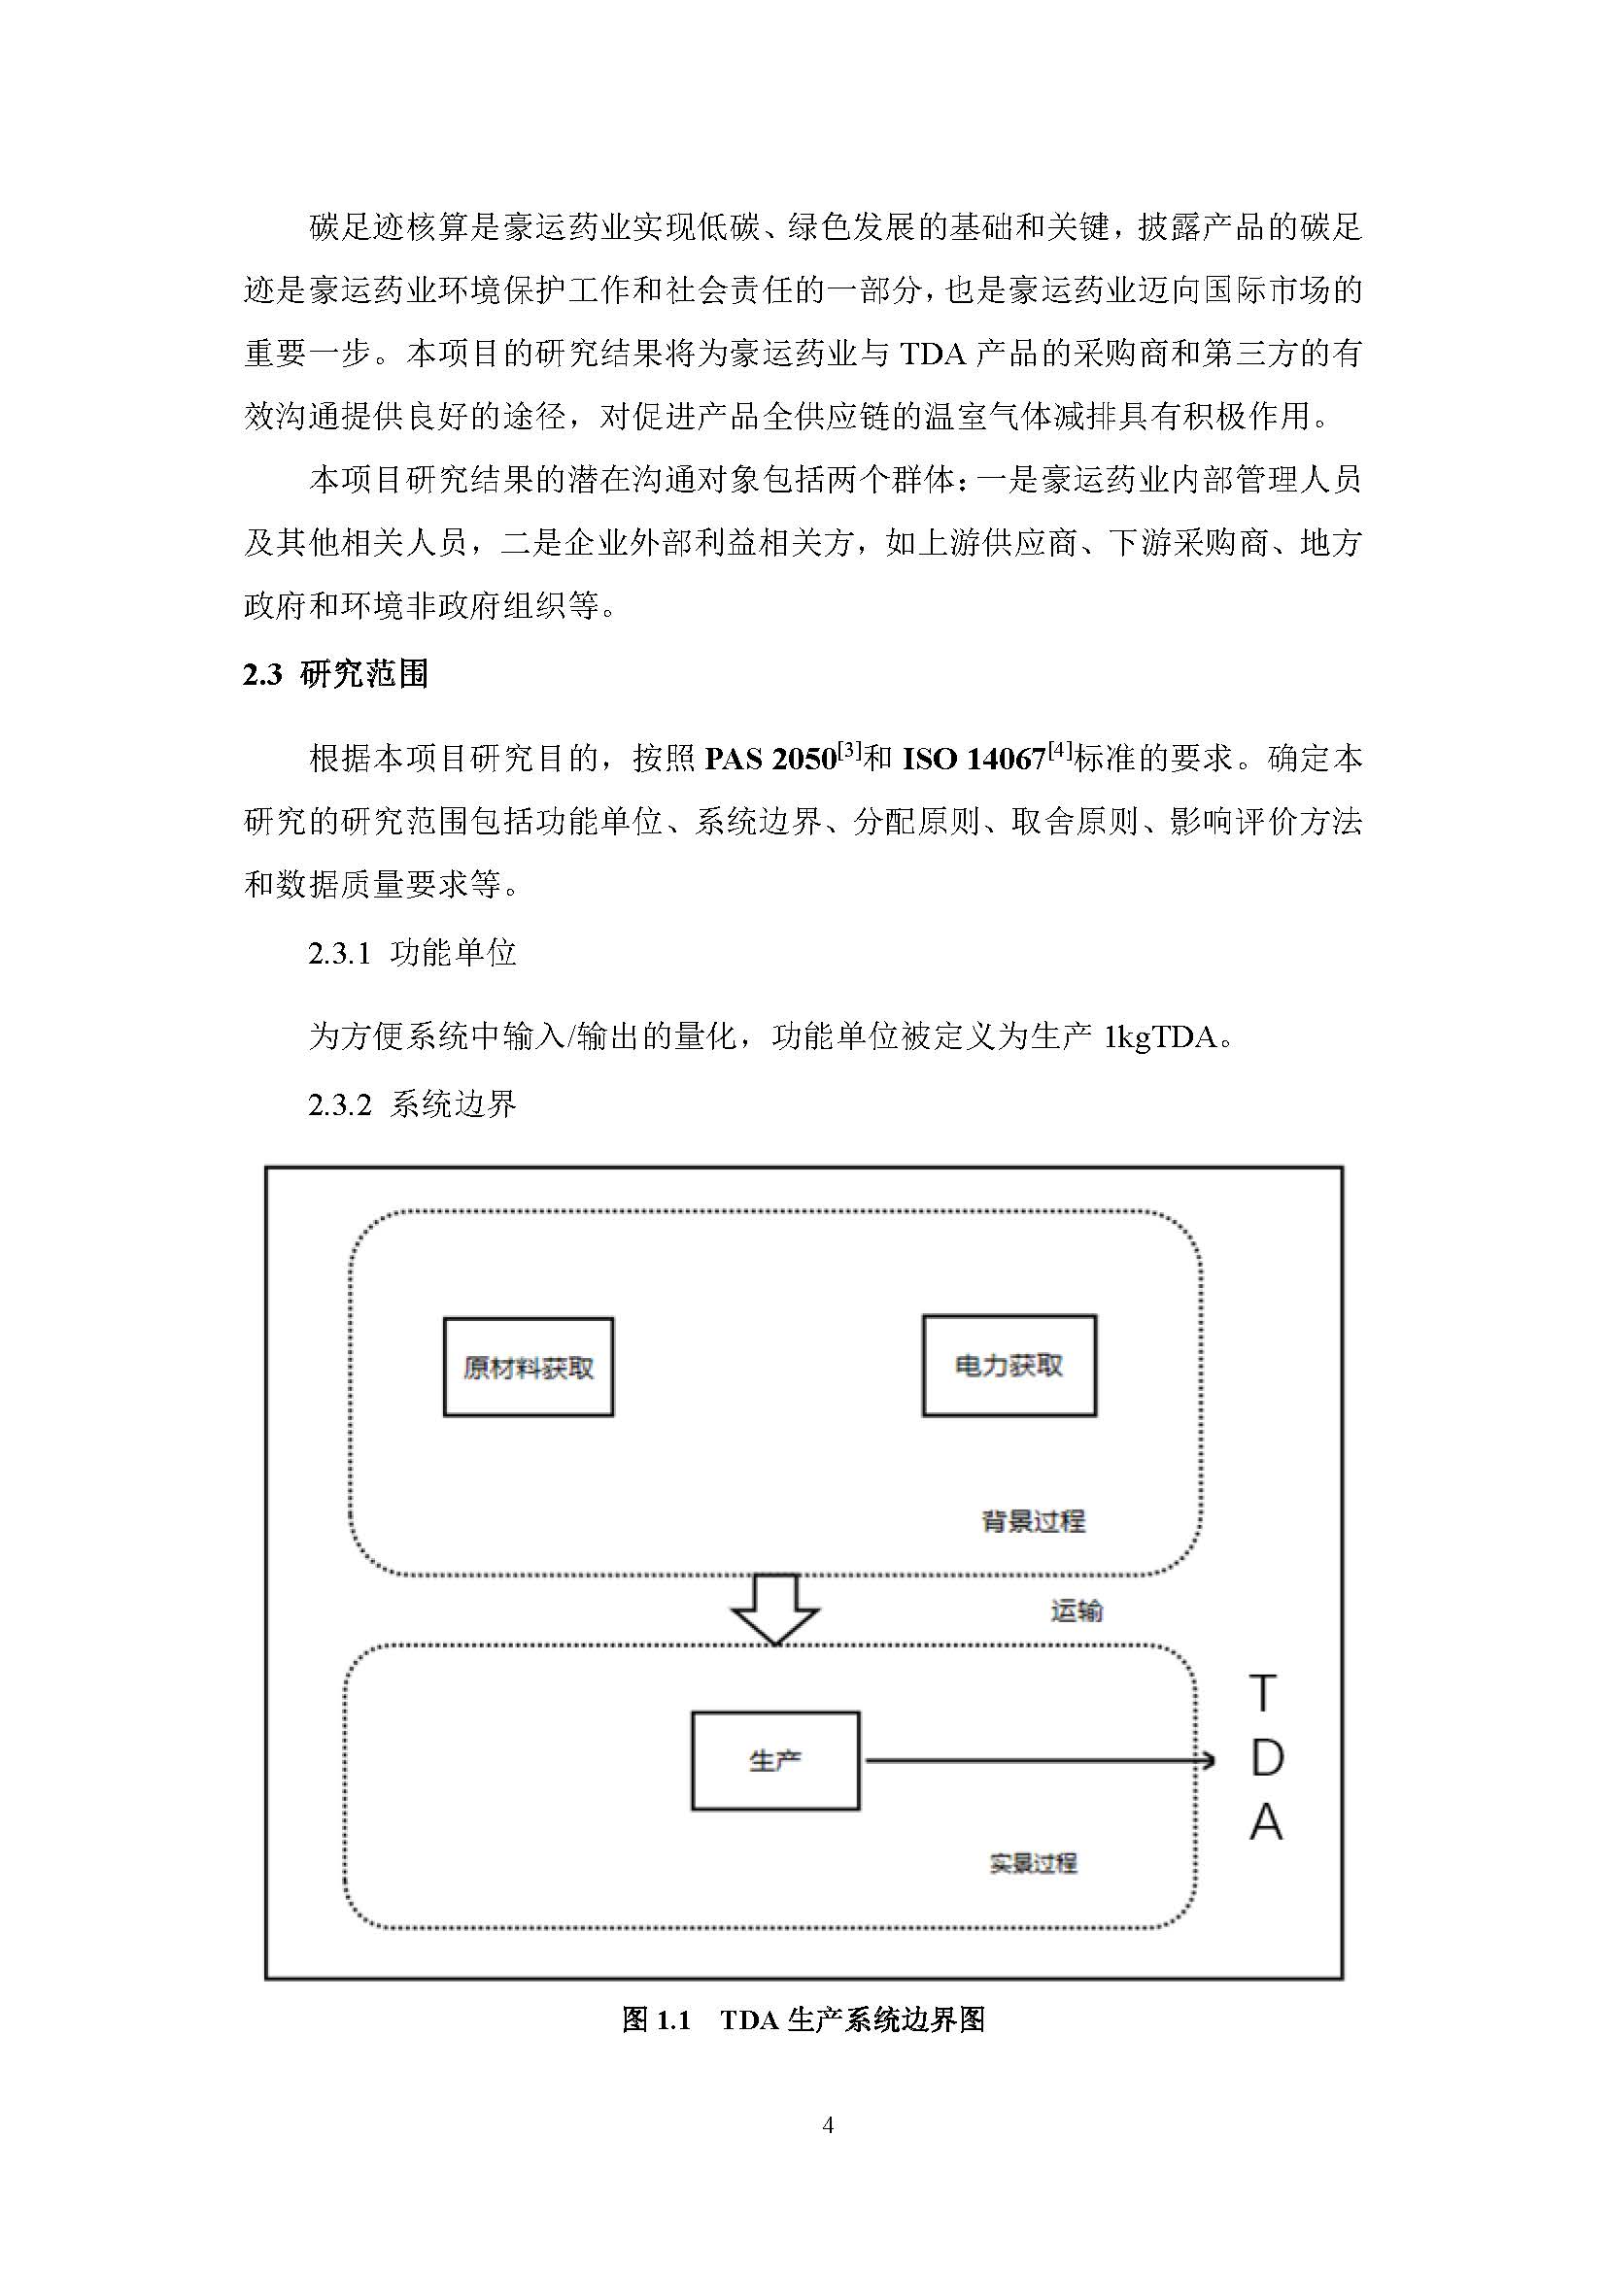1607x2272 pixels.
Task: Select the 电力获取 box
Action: tap(1009, 1366)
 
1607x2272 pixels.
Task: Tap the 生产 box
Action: tap(774, 1760)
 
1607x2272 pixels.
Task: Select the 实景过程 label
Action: tap(1033, 1863)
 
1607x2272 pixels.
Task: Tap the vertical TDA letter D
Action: tap(1267, 1758)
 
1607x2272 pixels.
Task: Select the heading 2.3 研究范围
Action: tap(335, 675)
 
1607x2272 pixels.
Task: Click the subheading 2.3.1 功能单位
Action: tap(412, 953)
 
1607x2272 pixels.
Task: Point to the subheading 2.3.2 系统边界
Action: tap(412, 1104)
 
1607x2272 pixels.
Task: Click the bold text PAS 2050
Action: tap(769, 760)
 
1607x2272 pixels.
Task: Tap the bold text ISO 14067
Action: tap(974, 760)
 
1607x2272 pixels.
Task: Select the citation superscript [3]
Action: tap(850, 751)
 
